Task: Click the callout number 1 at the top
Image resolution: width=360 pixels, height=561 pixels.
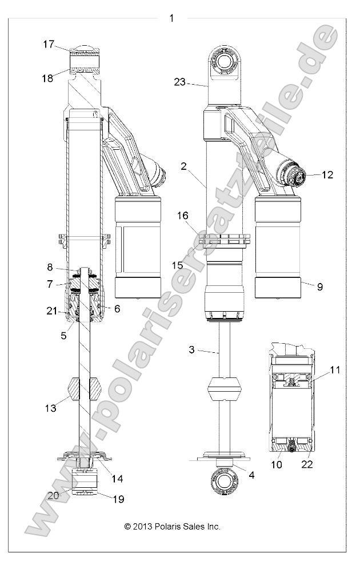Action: tap(171, 18)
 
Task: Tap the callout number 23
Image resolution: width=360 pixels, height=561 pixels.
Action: tap(180, 82)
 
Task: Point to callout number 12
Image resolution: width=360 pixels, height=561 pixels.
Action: tap(327, 175)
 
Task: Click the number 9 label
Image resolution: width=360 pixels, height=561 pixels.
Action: tap(319, 287)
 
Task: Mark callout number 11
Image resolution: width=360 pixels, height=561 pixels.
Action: tap(334, 370)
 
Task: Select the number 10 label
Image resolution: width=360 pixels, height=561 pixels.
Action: tap(276, 464)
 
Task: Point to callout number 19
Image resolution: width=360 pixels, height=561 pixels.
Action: tap(118, 499)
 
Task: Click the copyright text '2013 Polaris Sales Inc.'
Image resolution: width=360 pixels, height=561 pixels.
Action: tap(172, 526)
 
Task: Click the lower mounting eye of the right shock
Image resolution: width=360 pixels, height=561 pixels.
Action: tap(223, 480)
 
